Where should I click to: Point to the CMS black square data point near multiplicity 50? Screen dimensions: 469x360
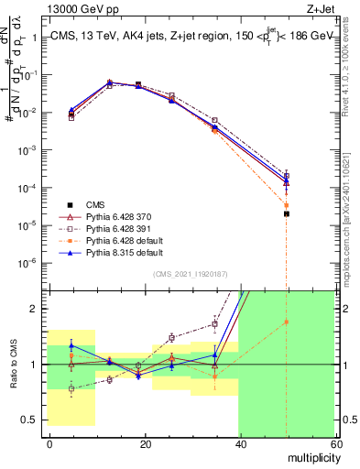coord(287,213)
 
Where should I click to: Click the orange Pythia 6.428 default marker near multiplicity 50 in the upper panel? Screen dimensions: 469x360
coord(287,204)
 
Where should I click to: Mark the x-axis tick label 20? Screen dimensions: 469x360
coord(145,444)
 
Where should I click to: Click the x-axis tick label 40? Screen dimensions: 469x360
coord(239,444)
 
